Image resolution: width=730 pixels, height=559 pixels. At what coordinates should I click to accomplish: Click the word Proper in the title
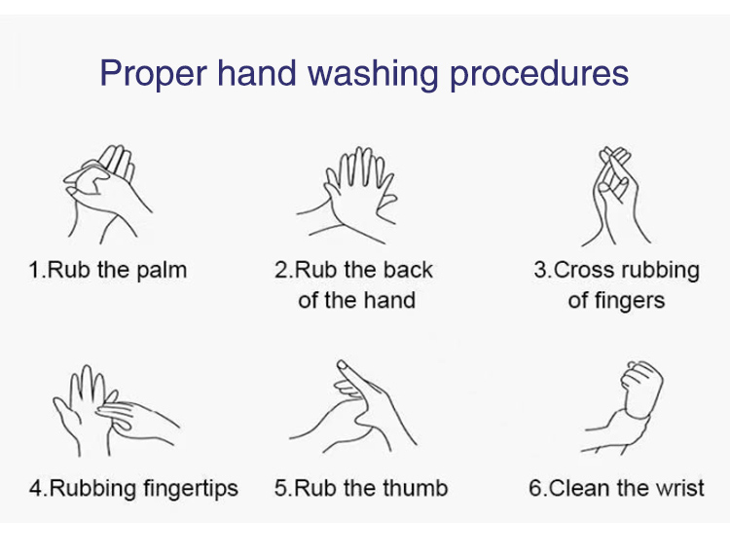pyautogui.click(x=153, y=74)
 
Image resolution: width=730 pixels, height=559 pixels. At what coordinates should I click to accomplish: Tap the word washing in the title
pyautogui.click(x=373, y=73)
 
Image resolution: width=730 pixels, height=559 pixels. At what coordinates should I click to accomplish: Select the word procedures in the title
pyautogui.click(x=539, y=74)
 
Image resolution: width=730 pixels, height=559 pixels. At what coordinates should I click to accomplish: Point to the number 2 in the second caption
pyautogui.click(x=281, y=270)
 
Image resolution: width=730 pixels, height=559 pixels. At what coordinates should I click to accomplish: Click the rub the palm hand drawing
pyautogui.click(x=107, y=194)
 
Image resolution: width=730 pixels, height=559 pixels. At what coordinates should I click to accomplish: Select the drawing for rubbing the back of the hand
pyautogui.click(x=347, y=196)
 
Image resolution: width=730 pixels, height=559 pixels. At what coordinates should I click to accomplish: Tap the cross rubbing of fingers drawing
pyautogui.click(x=615, y=196)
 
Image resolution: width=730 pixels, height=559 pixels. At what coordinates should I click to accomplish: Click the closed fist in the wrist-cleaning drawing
pyautogui.click(x=642, y=389)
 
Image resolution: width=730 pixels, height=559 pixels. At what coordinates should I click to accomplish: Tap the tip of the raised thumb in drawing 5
pyautogui.click(x=342, y=364)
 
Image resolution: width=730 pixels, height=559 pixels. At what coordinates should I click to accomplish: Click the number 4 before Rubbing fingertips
pyautogui.click(x=35, y=488)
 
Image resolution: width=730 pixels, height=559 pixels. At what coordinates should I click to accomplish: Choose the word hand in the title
pyautogui.click(x=257, y=73)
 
